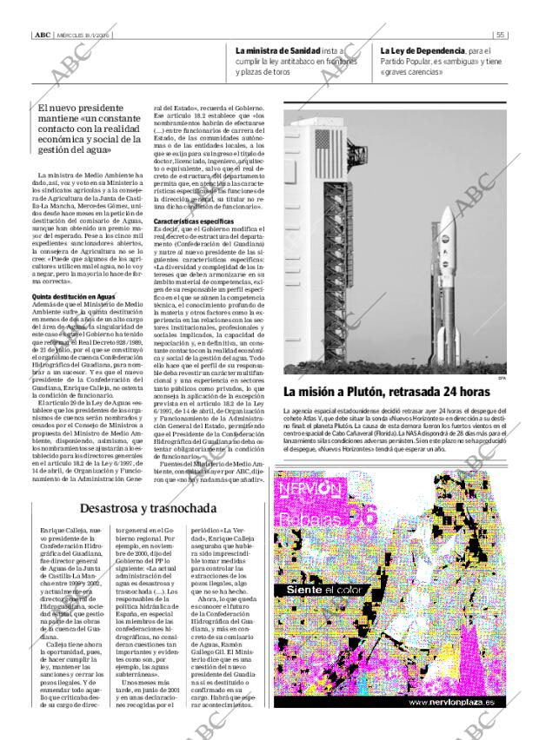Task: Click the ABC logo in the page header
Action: (42, 36)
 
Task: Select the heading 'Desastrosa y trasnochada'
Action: (150, 508)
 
